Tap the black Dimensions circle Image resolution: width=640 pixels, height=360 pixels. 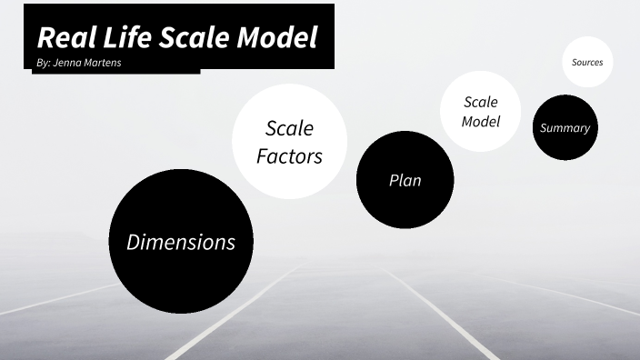coord(180,273)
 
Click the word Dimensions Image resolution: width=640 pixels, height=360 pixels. coord(180,242)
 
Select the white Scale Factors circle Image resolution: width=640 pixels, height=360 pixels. coord(289,173)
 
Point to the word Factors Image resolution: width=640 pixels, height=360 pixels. coord(289,156)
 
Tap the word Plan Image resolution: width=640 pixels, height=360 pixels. coord(405,180)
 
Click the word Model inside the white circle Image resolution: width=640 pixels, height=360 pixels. coord(481,121)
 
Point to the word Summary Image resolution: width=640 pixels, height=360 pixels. coord(565,128)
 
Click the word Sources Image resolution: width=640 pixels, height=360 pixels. coord(587,62)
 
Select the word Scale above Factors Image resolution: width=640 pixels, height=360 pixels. coord(289,129)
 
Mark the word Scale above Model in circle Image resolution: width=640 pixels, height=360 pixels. coord(481,102)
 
